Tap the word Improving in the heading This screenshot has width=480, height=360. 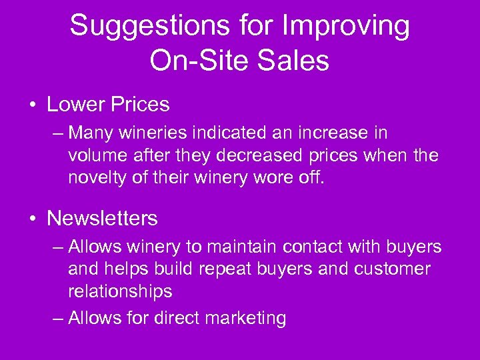point(346,27)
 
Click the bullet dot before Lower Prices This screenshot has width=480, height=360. point(31,105)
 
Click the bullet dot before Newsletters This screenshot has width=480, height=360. point(31,219)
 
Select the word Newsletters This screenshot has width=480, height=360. point(102,218)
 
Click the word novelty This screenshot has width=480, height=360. point(99,179)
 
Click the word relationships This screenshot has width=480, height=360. point(120,292)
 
